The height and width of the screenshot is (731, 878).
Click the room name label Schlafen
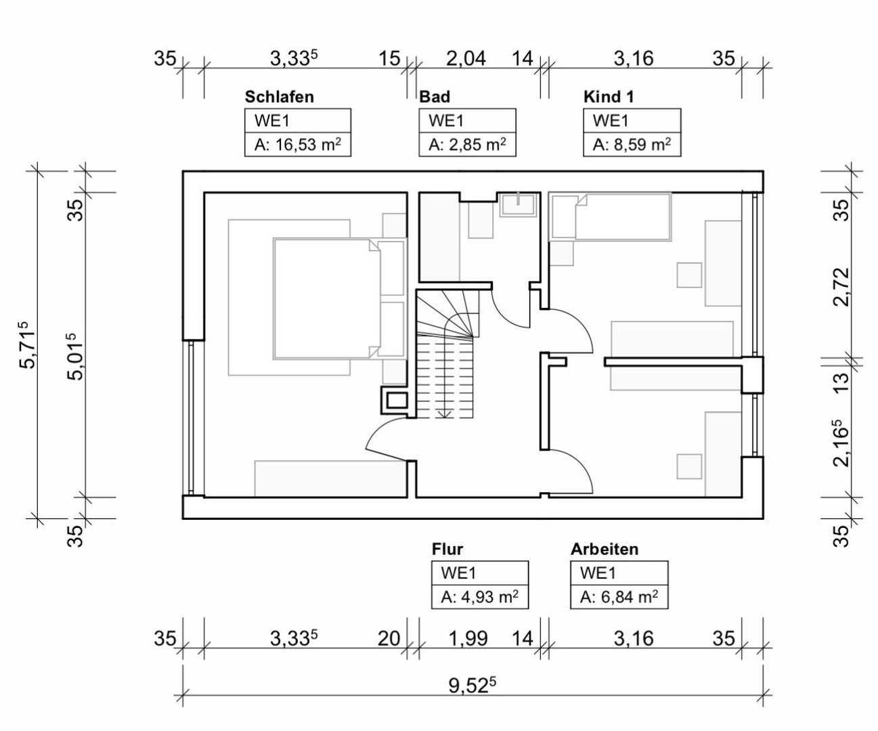point(279,96)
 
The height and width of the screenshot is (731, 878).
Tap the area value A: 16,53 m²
point(297,144)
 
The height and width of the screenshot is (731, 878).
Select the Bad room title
point(434,96)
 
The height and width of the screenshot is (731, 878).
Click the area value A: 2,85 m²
point(467,144)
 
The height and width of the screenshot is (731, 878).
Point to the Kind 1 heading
point(609,96)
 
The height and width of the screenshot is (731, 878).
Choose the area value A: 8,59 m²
point(632,144)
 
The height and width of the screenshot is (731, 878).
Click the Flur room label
point(447,548)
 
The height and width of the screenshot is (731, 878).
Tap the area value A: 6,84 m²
point(619,597)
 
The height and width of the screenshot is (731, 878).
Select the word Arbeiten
point(604,548)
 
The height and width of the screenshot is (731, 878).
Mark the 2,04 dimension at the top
point(466,59)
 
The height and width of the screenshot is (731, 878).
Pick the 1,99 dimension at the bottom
point(468,638)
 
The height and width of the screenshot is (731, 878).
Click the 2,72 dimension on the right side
point(841,287)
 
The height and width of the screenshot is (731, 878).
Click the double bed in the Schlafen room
point(325,298)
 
